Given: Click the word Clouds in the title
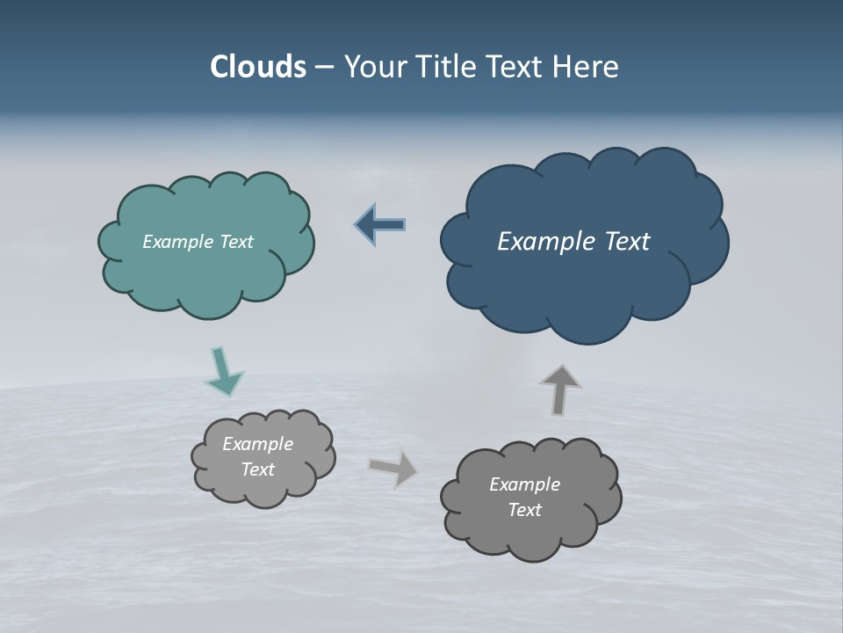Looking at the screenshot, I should pyautogui.click(x=257, y=67).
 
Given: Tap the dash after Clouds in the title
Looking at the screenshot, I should pyautogui.click(x=324, y=67).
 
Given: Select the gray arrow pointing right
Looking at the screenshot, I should pyautogui.click(x=393, y=468).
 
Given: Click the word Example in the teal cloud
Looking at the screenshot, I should pyautogui.click(x=177, y=242).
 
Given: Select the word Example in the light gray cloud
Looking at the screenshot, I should pyautogui.click(x=258, y=444).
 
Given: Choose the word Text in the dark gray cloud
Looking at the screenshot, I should pyautogui.click(x=524, y=510).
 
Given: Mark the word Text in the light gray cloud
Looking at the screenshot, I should pyautogui.click(x=258, y=469).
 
